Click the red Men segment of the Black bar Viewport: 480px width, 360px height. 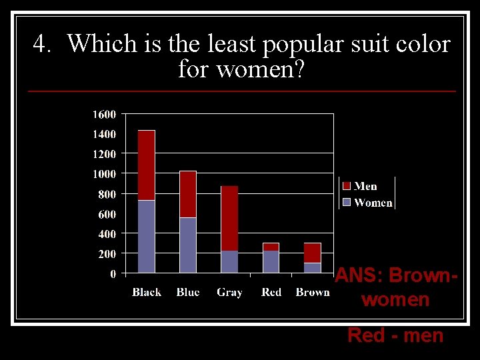coord(146,165)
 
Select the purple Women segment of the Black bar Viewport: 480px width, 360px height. coord(146,236)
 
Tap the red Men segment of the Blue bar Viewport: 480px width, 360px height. coord(188,194)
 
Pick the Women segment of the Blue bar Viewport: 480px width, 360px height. coord(188,245)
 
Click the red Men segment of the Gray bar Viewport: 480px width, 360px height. coord(229,218)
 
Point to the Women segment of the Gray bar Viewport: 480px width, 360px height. coord(229,261)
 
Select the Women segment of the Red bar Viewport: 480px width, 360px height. coord(271,261)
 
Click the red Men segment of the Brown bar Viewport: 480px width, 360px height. coord(312,253)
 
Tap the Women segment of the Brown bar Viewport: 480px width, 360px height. coord(312,267)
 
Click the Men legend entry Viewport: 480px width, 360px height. coord(360,186)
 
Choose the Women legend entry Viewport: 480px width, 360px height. coord(367,203)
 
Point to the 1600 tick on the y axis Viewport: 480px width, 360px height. coord(103,114)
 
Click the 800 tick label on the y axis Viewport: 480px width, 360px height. coord(106,194)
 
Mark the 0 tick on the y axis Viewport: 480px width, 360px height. coord(113,273)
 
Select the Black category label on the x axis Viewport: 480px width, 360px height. coord(147,292)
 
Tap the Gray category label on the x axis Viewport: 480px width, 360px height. coord(229,292)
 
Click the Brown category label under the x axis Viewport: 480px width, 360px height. coord(313,292)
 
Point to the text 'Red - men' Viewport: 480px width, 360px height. coord(395,335)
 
